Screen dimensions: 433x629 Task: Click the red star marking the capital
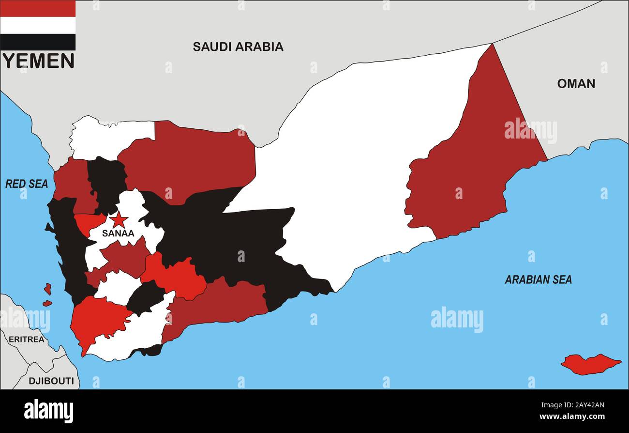pos(119,220)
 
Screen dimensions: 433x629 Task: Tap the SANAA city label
pos(118,233)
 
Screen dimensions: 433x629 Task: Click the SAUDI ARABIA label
pos(238,46)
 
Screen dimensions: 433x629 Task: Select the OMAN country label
pos(576,83)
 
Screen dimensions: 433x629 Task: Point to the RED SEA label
pos(27,184)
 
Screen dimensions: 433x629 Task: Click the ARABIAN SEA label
pos(538,279)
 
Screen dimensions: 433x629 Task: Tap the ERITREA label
pos(27,340)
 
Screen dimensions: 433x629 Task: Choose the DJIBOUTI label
pos(51,381)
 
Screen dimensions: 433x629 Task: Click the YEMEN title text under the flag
pos(38,61)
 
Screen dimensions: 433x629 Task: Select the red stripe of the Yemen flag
pos(38,8)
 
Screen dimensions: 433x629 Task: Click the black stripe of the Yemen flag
pos(38,42)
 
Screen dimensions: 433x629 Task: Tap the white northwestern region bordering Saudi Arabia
pos(106,138)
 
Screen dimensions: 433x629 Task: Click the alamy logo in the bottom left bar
pos(48,411)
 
